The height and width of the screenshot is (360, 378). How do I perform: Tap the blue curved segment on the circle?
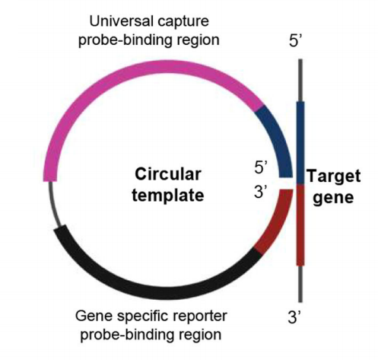pos(278,137)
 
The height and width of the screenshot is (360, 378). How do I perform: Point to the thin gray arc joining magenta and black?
pos(53,204)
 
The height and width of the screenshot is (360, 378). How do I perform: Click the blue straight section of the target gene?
pos(300,143)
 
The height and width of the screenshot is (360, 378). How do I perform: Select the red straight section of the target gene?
pos(300,225)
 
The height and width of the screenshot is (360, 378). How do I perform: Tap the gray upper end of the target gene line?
pos(300,81)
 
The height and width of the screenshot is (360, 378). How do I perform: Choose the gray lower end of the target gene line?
pos(300,284)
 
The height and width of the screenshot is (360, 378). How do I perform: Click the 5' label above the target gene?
pos(295,40)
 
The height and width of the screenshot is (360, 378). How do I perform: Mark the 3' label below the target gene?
pos(294,317)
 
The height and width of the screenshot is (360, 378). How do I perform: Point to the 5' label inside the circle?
pos(261,167)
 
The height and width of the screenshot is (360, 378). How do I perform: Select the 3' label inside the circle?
pos(261,192)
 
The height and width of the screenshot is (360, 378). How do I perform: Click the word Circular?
pos(168,174)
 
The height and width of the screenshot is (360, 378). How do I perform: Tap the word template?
pos(168,196)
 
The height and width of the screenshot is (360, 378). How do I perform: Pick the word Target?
pos(334,177)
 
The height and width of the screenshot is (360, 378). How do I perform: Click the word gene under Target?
pos(333,198)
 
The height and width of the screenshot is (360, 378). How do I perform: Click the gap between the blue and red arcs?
pos(286,183)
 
